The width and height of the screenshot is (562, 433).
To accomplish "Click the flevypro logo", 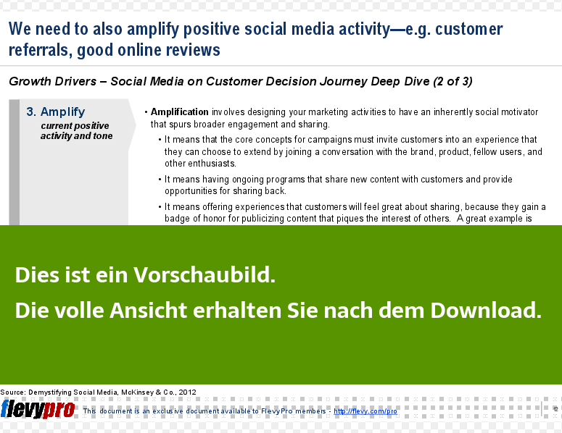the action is coord(38,409).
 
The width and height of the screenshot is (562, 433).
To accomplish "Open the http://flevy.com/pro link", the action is coord(365,411).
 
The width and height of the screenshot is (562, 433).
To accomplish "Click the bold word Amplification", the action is coord(180,112).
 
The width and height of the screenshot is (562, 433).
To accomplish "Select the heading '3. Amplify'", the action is coord(56,112).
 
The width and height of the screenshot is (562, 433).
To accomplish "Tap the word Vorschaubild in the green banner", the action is coord(204,275).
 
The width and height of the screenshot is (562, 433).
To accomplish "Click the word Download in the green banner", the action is coord(486,310).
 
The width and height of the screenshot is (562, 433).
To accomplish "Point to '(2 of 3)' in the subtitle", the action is coord(453,82).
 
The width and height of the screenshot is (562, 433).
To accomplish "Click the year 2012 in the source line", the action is coord(187,392).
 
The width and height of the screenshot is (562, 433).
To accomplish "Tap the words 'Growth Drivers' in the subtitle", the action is coord(53,82).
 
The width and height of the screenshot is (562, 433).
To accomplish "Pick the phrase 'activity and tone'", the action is coord(76,136).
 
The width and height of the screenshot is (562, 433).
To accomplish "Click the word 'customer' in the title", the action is coord(468,30).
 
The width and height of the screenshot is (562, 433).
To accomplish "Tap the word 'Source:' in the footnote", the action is coord(13,392).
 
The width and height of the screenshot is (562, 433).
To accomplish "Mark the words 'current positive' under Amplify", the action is coord(75,126).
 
